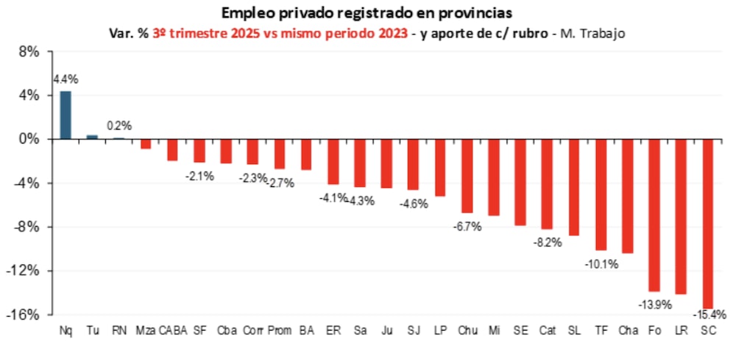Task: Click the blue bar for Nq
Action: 66,115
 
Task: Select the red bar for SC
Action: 708,223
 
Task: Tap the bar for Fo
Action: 654,215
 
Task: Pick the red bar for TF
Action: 601,194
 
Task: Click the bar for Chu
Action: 467,175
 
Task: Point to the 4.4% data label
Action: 65,79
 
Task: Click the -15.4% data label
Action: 711,314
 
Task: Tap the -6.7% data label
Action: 467,227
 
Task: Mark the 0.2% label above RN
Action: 118,126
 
